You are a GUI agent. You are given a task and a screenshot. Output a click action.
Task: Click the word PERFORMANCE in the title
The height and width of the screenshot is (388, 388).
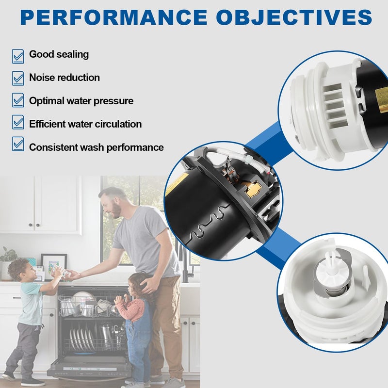click(x=114, y=17)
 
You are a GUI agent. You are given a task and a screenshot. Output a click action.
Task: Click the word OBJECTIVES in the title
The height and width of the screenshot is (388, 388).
click(x=294, y=17)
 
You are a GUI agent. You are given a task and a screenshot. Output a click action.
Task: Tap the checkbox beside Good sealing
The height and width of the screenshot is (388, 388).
click(x=18, y=56)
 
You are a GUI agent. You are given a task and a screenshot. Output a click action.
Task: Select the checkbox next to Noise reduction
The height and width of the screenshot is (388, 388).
click(x=18, y=78)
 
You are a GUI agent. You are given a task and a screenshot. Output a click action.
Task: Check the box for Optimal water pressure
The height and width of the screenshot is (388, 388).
click(x=18, y=100)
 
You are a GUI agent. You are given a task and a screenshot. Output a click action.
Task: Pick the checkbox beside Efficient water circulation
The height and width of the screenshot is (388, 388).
click(x=18, y=122)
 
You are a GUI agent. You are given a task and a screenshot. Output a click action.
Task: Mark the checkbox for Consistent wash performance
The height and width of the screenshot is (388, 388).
click(x=18, y=144)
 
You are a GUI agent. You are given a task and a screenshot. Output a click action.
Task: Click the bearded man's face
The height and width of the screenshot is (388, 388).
click(x=113, y=207)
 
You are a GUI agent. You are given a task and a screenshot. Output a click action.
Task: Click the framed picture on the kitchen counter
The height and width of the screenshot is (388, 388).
click(x=54, y=266)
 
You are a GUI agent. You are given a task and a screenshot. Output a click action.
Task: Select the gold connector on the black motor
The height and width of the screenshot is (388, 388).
click(x=252, y=188)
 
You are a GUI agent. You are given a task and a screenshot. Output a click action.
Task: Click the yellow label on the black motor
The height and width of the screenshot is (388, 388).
click(x=177, y=183)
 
